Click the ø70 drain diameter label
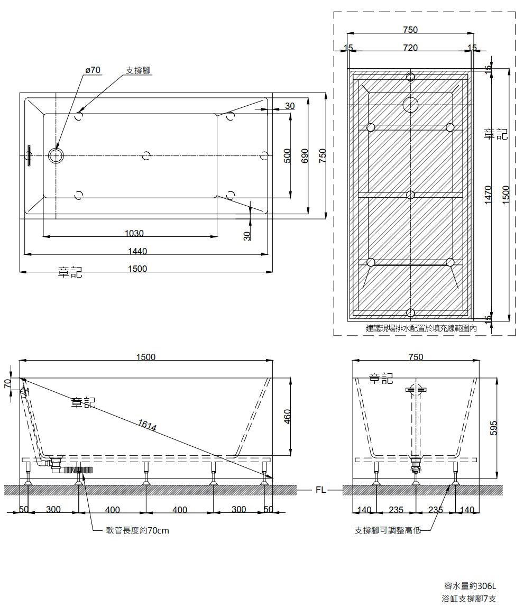tap(93, 70)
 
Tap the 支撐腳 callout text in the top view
tap(138, 70)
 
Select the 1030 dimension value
tap(134, 233)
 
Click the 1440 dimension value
tap(137, 252)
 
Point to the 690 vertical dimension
tap(305, 155)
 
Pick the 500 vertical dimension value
tap(287, 155)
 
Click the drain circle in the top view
tap(56, 155)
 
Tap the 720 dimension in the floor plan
tap(410, 48)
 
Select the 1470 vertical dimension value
tap(488, 195)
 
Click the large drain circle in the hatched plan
tap(410, 105)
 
